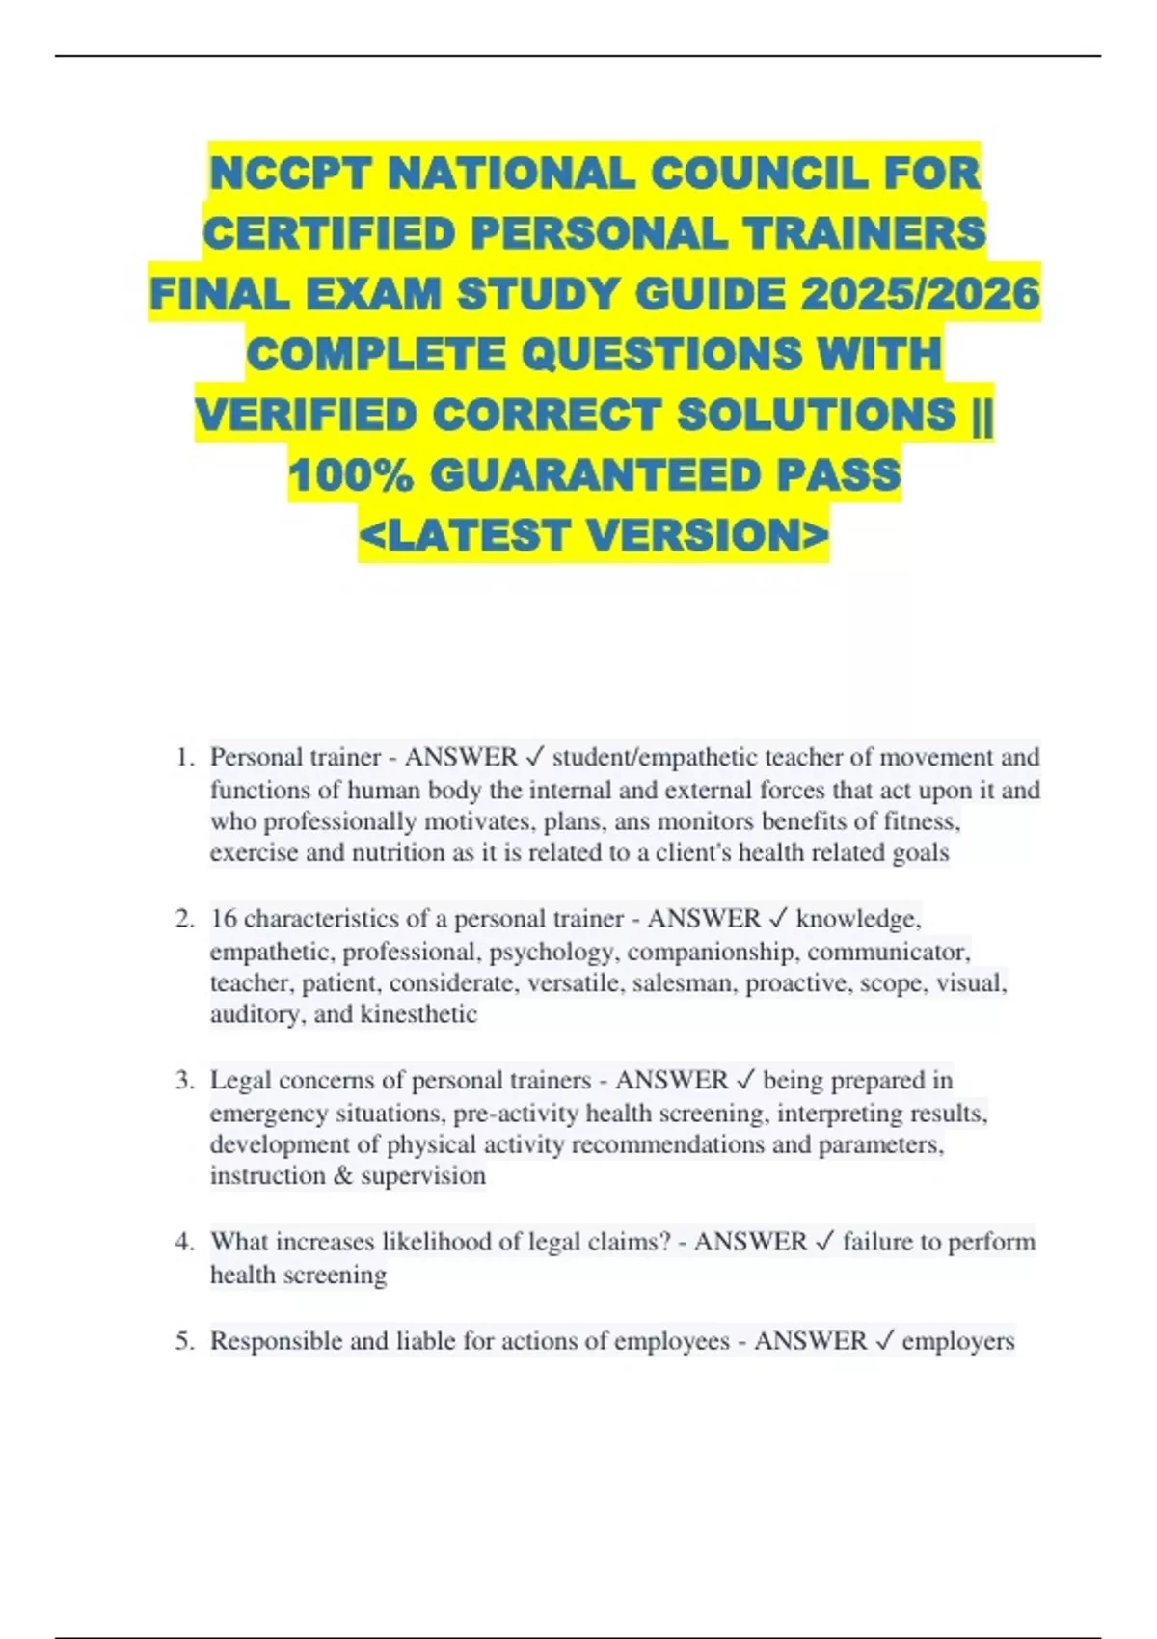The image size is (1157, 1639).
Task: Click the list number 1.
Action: pos(183,758)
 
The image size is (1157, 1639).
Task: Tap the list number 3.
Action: pos(183,1081)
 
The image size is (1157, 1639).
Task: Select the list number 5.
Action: pos(183,1341)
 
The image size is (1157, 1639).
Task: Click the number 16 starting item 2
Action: pos(224,919)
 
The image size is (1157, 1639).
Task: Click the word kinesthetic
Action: pos(418,1014)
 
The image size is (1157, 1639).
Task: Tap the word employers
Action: pos(958,1341)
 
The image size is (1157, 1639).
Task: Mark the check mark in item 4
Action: pos(824,1242)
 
